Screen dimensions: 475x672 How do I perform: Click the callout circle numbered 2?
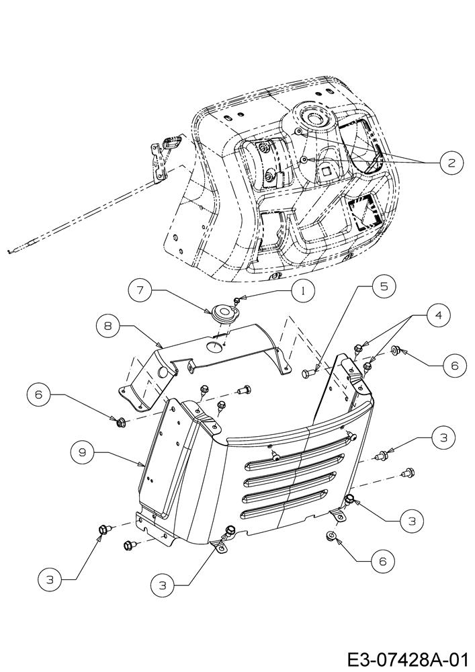(x=451, y=163)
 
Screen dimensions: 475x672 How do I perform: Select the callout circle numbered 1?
(x=303, y=291)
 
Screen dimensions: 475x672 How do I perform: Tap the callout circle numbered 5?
(x=384, y=286)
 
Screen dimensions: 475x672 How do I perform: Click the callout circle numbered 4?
(x=438, y=315)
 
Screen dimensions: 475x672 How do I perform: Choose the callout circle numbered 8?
(x=107, y=326)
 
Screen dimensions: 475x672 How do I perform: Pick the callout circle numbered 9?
(x=84, y=452)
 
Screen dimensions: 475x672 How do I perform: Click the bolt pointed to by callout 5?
(x=308, y=374)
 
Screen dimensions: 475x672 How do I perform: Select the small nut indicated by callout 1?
(x=236, y=300)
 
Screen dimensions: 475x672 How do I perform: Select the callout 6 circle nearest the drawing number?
(x=382, y=560)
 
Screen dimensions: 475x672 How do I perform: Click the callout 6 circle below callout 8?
(x=40, y=394)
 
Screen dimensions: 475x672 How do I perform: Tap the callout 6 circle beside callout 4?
(x=454, y=365)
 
